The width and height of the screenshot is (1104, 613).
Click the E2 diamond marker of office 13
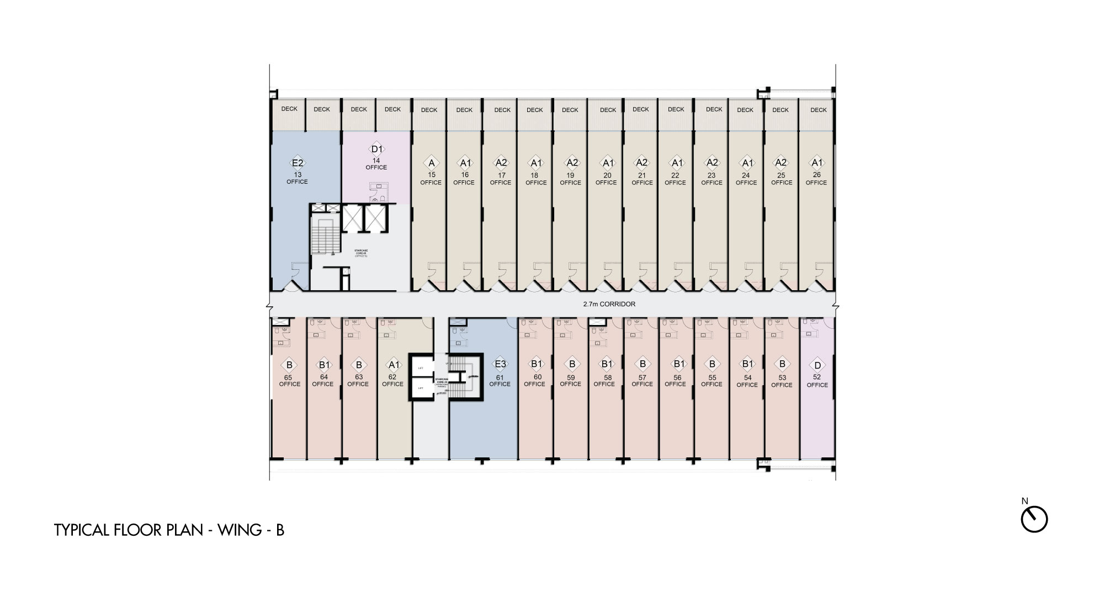click(298, 163)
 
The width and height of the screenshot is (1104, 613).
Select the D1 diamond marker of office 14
click(376, 150)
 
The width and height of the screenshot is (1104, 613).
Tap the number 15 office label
click(431, 175)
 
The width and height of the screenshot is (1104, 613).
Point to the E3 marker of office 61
click(500, 364)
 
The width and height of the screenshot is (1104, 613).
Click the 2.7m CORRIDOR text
click(609, 304)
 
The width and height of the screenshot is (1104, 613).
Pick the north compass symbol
click(1034, 519)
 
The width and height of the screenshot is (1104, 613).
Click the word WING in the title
click(240, 530)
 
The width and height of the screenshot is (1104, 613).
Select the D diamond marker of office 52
click(818, 365)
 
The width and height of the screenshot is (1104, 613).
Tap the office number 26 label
click(816, 175)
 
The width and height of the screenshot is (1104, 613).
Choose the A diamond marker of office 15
click(431, 163)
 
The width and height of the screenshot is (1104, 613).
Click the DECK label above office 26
click(819, 110)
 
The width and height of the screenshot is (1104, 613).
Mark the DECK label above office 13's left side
click(289, 109)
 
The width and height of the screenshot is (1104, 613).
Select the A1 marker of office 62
click(394, 365)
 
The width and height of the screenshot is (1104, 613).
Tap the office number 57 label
click(642, 377)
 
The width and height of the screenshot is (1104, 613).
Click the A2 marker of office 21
click(641, 163)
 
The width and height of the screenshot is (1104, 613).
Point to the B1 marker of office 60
click(535, 364)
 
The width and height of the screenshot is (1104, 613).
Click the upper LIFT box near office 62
click(421, 367)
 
